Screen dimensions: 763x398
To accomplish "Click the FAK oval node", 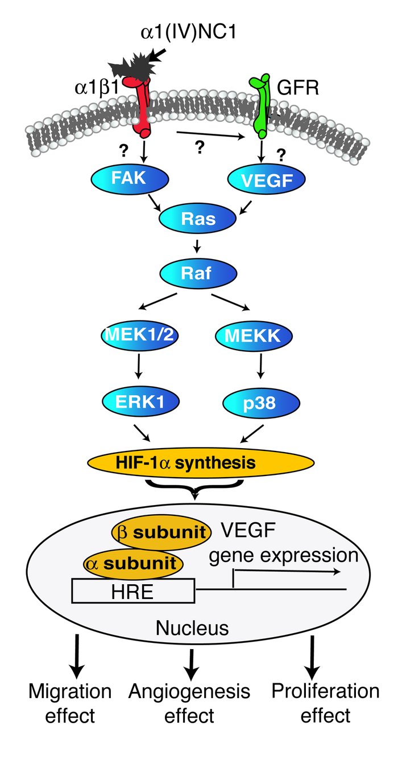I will [x=131, y=181].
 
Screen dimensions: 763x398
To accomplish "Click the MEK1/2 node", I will [x=138, y=337].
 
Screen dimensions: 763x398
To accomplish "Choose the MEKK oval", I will [x=254, y=337].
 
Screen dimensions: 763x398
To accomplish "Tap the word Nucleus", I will [x=192, y=628].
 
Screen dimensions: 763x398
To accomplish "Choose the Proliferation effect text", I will [x=325, y=702].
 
